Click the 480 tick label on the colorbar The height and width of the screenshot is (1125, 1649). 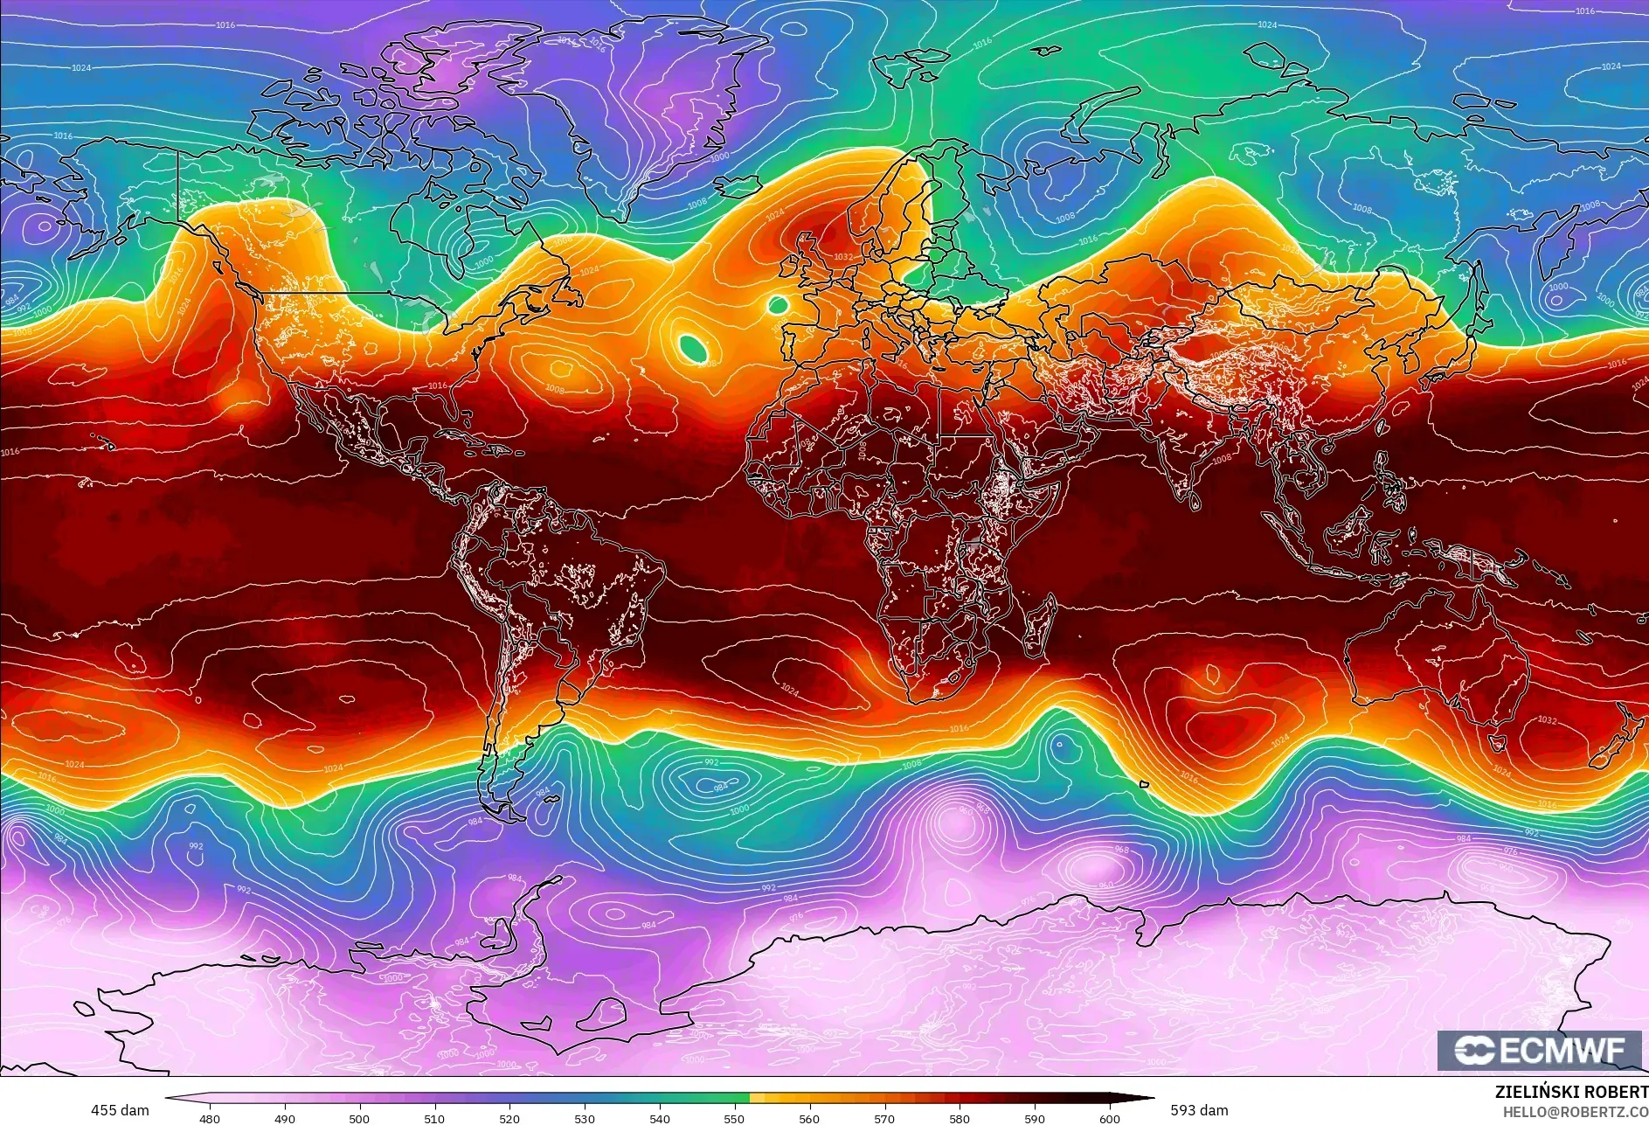click(x=210, y=1118)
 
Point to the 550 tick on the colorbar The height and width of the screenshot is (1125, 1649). click(x=735, y=1118)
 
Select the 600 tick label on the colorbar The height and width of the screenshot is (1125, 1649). click(x=1110, y=1118)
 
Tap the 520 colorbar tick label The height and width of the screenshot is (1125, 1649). click(x=509, y=1118)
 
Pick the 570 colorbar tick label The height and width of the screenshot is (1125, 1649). click(x=884, y=1118)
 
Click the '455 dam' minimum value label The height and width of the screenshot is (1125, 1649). click(x=120, y=1110)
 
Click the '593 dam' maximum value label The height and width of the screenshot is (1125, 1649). click(x=1199, y=1110)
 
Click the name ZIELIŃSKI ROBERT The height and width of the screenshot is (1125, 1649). click(x=1571, y=1092)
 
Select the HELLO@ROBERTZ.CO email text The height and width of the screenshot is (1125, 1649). click(x=1575, y=1111)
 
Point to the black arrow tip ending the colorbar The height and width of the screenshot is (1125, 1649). click(x=1147, y=1099)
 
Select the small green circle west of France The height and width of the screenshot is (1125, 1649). click(x=777, y=305)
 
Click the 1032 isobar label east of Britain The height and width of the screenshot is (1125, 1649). click(x=842, y=257)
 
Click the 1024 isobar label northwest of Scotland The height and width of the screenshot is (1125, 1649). click(x=774, y=215)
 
